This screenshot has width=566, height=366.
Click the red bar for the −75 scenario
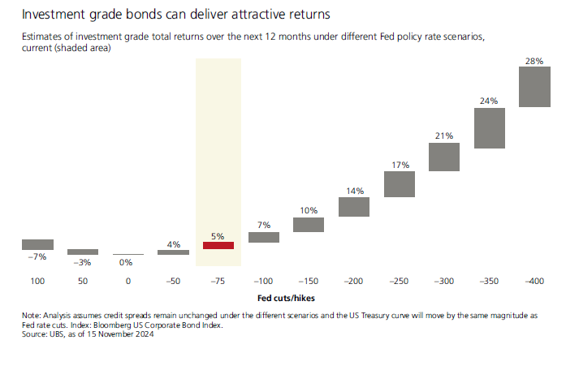point(218,245)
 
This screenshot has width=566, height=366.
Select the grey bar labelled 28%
point(534,87)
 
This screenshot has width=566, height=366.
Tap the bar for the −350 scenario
point(490,127)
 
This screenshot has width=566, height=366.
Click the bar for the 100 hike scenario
point(37,244)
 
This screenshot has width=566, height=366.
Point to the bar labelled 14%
point(354,206)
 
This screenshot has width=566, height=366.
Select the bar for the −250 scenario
point(400,183)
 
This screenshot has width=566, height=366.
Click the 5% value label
point(218,235)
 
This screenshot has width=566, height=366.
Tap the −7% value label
point(37,257)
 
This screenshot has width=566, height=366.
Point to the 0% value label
point(127,262)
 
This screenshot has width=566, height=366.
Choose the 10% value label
point(309,211)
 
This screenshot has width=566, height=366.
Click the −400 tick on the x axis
point(534,280)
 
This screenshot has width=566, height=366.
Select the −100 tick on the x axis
point(264,280)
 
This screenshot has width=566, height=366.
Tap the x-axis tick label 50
point(82,280)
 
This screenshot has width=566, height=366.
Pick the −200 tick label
point(354,280)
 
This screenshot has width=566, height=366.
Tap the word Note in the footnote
point(31,315)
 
